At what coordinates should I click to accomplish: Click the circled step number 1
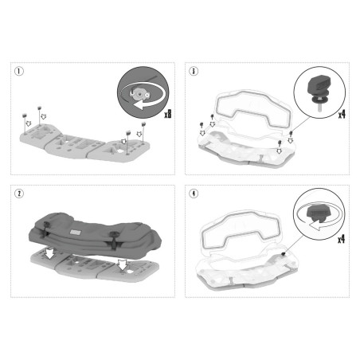coord(19,71)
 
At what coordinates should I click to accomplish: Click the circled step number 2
coord(19,194)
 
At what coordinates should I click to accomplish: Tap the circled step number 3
coord(194,71)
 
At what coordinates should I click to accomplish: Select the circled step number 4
coord(194,194)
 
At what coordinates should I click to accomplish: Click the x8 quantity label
coord(168,114)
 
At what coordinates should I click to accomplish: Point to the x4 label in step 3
coord(342,115)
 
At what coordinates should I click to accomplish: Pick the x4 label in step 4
coord(341,239)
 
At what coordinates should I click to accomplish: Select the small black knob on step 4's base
coord(284,254)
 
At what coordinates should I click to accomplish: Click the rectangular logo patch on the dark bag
coord(75,233)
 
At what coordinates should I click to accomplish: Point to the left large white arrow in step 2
coord(49,253)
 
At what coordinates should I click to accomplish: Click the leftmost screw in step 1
coord(24,123)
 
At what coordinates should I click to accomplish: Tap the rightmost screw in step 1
coord(143,133)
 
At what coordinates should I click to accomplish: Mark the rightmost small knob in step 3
coord(291,134)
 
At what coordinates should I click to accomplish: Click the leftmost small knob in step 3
coord(202,125)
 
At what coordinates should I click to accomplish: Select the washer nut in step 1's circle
coord(139,94)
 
